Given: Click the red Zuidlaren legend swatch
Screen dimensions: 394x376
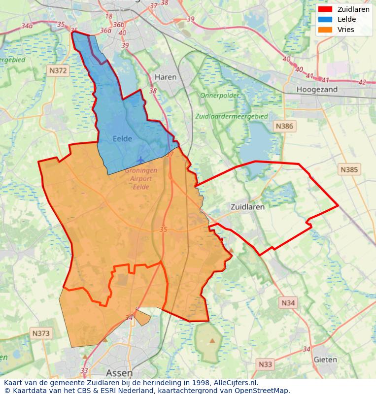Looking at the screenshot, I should pyautogui.click(x=325, y=9).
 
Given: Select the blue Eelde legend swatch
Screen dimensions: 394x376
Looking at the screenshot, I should pyautogui.click(x=325, y=19).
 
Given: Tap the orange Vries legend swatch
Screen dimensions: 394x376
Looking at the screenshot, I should pyautogui.click(x=325, y=30).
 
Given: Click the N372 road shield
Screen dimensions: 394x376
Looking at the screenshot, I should pyautogui.click(x=58, y=71).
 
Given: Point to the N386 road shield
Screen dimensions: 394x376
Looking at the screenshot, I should pyautogui.click(x=284, y=126).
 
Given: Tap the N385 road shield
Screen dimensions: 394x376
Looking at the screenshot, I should pyautogui.click(x=350, y=169).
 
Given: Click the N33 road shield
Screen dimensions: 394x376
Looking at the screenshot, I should pyautogui.click(x=265, y=364).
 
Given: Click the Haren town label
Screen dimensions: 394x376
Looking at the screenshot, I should pyautogui.click(x=166, y=77).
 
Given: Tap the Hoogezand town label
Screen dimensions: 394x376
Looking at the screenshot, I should pyautogui.click(x=317, y=90).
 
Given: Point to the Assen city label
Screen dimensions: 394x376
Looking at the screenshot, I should pyautogui.click(x=119, y=373).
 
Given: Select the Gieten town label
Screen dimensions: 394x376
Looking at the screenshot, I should pyautogui.click(x=325, y=360).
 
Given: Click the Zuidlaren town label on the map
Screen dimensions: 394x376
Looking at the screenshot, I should pyautogui.click(x=247, y=207).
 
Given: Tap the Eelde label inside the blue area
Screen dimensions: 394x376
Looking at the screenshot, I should pyautogui.click(x=122, y=139).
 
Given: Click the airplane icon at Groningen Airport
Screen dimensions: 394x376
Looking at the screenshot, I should pyautogui.click(x=141, y=160).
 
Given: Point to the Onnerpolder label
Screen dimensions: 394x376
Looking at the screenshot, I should pyautogui.click(x=219, y=96).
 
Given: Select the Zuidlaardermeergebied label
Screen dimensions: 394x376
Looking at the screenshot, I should pyautogui.click(x=232, y=117).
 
